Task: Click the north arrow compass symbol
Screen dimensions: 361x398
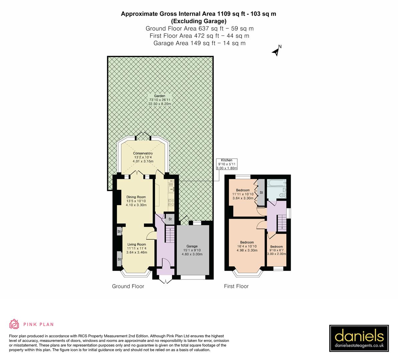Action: point(277,51)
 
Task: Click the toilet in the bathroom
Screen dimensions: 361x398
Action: point(283,194)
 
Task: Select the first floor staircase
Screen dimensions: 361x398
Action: point(282,222)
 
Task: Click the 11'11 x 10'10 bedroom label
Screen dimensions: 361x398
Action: point(243,194)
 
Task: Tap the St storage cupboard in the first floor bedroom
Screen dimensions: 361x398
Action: point(261,193)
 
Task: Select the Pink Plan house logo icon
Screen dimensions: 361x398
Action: point(14,324)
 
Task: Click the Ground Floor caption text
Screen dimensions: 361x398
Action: point(128,286)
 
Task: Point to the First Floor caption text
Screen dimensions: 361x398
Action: point(236,286)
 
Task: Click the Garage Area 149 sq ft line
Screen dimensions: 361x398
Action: point(199,43)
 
